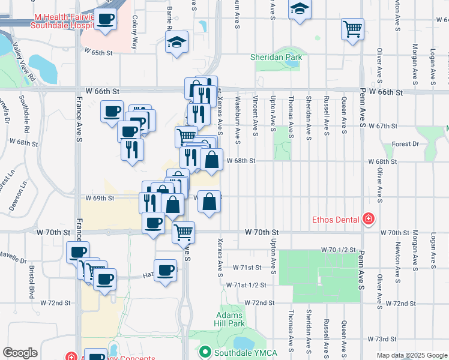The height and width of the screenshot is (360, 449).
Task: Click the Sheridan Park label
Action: (276, 58)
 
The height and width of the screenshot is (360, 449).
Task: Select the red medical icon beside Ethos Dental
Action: (368, 220)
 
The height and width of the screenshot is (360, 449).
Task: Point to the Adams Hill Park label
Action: (229, 319)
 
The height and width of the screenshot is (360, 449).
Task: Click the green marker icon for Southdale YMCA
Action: (205, 351)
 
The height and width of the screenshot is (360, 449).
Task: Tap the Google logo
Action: (20, 353)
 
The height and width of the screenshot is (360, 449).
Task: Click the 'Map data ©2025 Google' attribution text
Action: (412, 356)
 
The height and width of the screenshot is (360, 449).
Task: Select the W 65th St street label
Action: (98, 53)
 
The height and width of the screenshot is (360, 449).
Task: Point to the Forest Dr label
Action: (405, 144)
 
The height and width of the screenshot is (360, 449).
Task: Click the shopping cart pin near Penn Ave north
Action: (352, 28)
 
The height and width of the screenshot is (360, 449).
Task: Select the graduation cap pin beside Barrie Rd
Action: (176, 42)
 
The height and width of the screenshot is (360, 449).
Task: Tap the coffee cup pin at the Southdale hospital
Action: (106, 19)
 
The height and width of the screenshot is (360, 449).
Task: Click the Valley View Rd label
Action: (26, 65)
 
